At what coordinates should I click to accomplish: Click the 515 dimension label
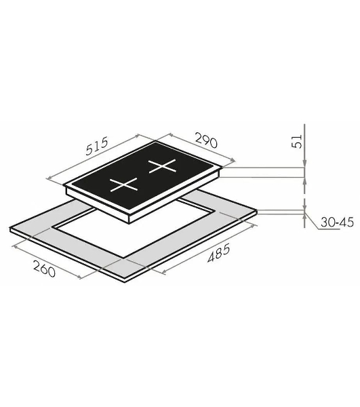pos(97,146)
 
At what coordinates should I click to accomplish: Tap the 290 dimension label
pos(206,140)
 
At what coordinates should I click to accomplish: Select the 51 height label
pos(297,141)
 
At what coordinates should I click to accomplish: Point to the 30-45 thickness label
pos(337,222)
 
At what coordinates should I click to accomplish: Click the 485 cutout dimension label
pos(219,253)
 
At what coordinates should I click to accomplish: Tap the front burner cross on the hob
pos(123,185)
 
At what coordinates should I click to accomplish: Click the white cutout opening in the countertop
pos(132,231)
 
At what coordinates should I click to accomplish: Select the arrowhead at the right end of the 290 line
pos(233,160)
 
